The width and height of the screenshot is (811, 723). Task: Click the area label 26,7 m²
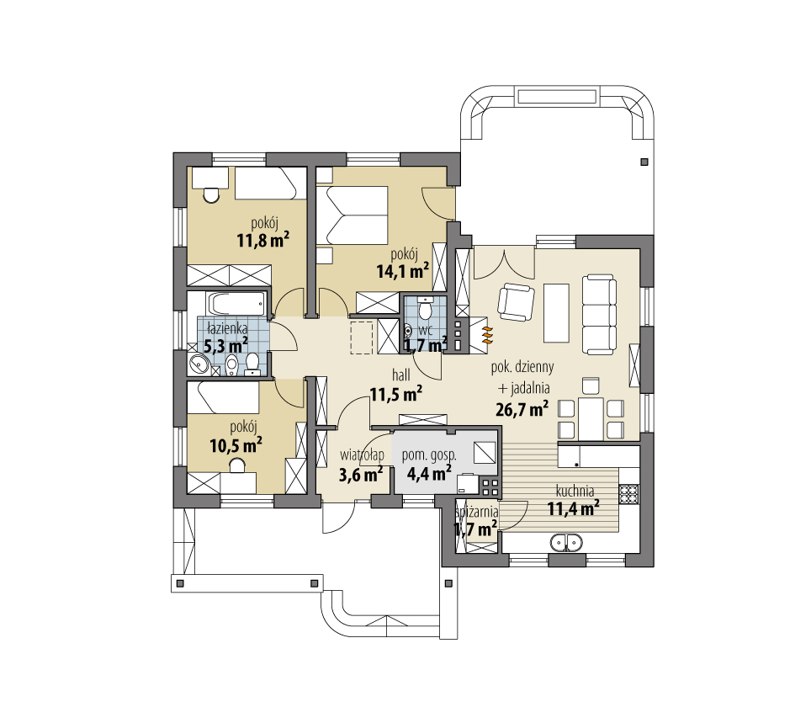tap(522, 409)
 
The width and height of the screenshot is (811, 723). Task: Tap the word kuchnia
tap(575, 490)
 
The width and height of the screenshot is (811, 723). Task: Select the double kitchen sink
tap(566, 543)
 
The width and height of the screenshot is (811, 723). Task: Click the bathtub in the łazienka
tap(237, 304)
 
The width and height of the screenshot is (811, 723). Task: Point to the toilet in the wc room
tap(425, 308)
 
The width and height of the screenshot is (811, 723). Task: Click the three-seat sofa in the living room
tap(599, 315)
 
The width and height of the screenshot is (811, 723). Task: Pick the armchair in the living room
tap(516, 302)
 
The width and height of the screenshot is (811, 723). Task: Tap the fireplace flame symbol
tap(487, 335)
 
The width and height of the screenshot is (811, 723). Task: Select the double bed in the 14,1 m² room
tap(352, 215)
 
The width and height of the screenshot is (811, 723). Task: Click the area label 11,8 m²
tap(262, 240)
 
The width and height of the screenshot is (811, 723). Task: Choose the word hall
tap(400, 375)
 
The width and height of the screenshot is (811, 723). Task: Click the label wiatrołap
tap(362, 455)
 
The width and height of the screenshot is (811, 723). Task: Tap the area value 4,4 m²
tap(429, 473)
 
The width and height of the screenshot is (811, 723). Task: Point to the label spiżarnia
tap(477, 512)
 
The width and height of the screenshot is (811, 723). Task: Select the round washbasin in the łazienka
tap(199, 364)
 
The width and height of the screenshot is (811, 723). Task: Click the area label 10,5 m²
tap(236, 445)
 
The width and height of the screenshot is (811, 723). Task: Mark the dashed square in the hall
tap(362, 338)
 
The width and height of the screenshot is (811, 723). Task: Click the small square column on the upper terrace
tap(644, 162)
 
